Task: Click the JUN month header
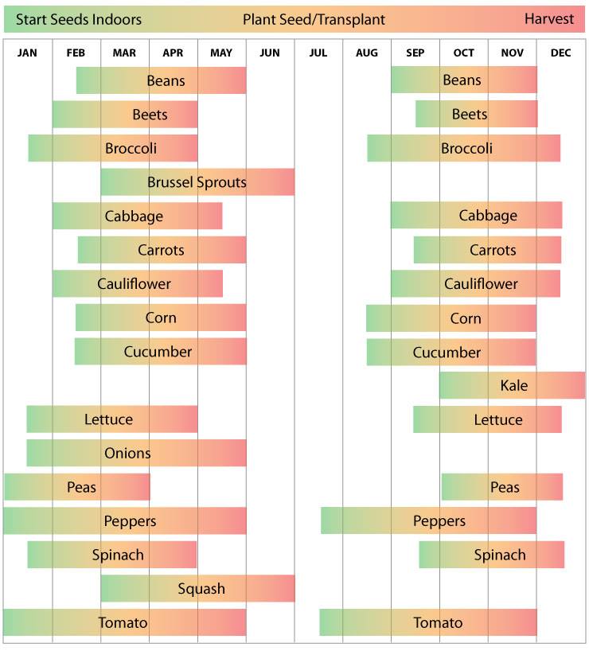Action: [x=270, y=53]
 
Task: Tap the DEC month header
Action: [x=560, y=53]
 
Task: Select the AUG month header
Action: [x=367, y=53]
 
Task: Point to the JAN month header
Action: [x=27, y=53]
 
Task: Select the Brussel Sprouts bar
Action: [x=197, y=182]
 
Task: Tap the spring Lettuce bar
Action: [x=112, y=419]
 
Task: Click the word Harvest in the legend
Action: [x=549, y=19]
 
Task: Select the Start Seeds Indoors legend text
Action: [x=79, y=19]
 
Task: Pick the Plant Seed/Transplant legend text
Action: [x=314, y=19]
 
